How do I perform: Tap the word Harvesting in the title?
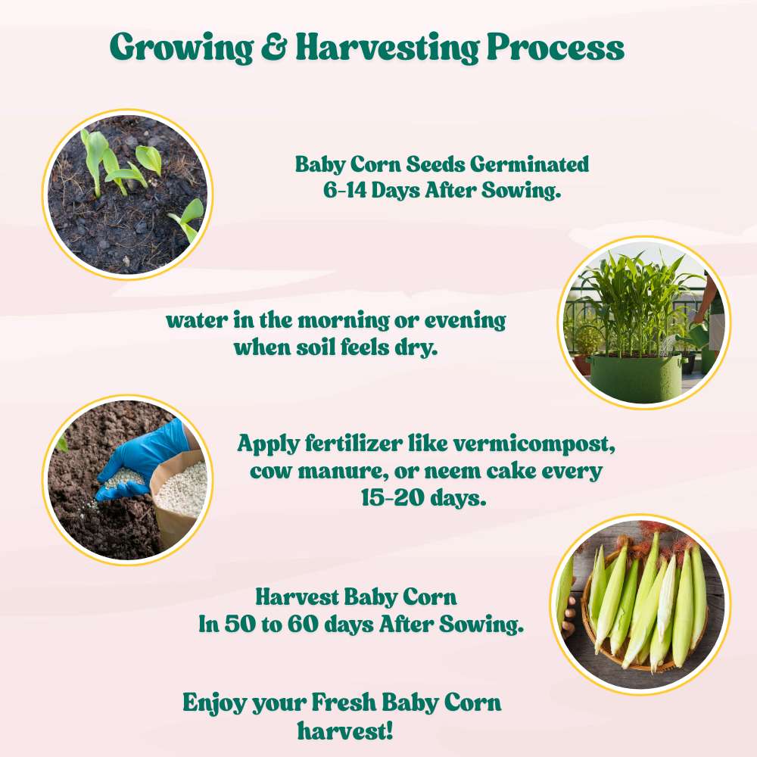[386, 49]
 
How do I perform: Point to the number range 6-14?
[344, 191]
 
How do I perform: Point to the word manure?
[326, 471]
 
